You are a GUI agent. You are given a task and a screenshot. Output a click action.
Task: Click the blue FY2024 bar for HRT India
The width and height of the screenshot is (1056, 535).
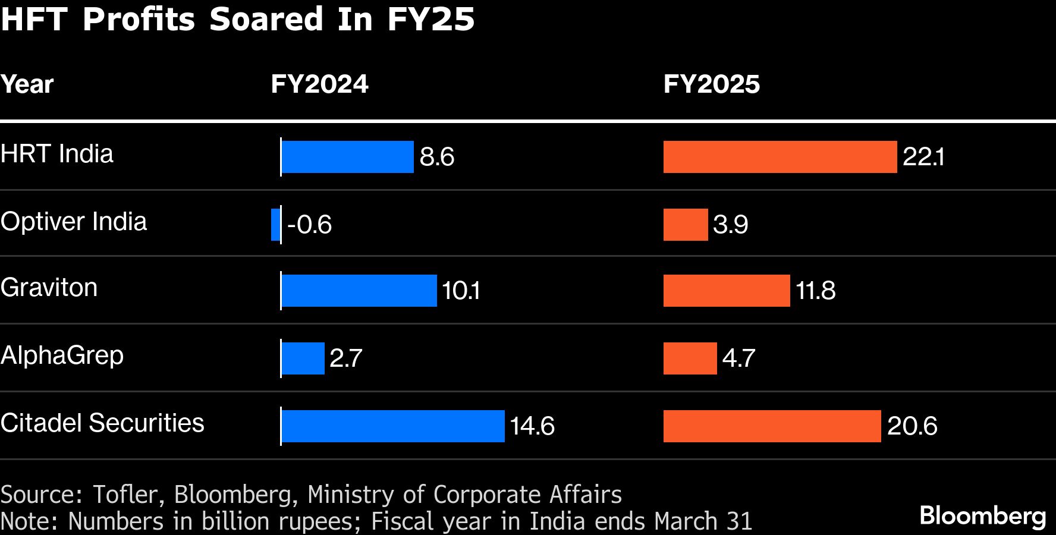coord(347,157)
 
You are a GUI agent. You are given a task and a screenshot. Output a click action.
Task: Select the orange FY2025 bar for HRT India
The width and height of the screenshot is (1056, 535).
coord(780,157)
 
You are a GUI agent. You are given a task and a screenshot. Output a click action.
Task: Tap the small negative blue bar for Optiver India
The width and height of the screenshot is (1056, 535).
coord(275,225)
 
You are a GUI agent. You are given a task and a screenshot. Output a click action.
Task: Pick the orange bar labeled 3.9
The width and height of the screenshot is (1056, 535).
coord(686,225)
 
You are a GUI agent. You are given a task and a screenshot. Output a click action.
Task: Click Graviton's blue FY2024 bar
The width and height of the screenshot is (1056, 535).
coord(359,291)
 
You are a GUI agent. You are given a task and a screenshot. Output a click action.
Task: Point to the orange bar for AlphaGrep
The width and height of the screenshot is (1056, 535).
coord(690,358)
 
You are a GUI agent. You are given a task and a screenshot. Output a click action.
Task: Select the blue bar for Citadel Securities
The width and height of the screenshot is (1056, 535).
coord(393,426)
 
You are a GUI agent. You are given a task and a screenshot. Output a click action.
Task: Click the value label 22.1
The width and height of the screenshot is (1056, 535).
coord(923,157)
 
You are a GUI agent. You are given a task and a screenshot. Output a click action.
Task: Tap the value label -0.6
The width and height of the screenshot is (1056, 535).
coord(309,225)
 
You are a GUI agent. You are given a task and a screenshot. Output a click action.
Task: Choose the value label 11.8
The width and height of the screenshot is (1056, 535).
coord(815,291)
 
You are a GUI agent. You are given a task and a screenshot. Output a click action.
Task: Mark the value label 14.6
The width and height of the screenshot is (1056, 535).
coord(532,426)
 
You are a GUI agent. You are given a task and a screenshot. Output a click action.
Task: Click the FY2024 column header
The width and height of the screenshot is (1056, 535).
coord(319,84)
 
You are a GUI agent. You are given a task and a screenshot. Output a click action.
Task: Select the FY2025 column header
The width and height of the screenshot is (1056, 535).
coord(711,84)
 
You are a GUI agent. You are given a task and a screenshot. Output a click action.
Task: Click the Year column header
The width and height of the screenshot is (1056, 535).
coord(27,84)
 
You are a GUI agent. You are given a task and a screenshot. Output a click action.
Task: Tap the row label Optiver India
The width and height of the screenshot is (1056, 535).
coord(73,222)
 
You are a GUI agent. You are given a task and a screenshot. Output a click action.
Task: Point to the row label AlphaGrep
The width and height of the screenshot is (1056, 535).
coord(62,355)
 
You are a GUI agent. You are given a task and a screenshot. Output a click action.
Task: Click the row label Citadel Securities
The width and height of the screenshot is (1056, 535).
coord(102,423)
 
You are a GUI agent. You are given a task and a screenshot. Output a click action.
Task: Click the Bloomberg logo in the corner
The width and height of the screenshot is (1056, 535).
coord(982,515)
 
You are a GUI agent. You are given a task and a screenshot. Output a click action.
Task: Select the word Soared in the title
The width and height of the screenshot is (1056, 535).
coord(266,19)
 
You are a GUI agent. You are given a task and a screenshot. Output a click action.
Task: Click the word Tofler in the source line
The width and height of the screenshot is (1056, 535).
coord(125,495)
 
